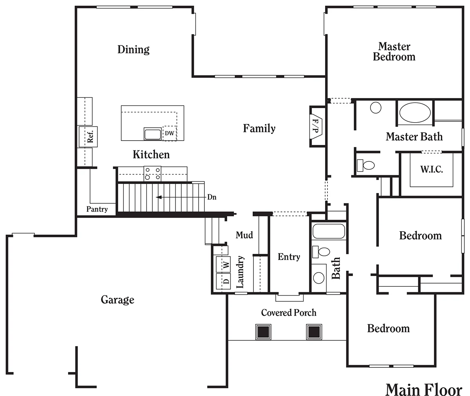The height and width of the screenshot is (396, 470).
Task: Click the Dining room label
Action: click(134, 49)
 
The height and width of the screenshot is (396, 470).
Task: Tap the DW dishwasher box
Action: click(170, 133)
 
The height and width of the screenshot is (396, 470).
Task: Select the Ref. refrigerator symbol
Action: click(88, 137)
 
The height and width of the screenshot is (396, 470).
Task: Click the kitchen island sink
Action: click(153, 134)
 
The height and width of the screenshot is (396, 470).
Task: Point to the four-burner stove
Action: click(152, 174)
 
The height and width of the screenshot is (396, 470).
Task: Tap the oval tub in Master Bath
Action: click(415, 112)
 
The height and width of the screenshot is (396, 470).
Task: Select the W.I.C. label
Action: click(432, 169)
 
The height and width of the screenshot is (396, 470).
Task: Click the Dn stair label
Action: click(212, 197)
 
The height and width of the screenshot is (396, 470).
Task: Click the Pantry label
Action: click(97, 209)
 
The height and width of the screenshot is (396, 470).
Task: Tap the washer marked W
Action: click(223, 264)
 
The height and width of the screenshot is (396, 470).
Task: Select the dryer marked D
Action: click(223, 281)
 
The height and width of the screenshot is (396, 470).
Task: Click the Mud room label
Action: click(244, 235)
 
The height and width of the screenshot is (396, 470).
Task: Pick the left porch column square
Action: click(263, 332)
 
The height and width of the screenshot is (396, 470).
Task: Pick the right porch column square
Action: click(314, 332)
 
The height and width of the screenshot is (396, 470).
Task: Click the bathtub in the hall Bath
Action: click(329, 231)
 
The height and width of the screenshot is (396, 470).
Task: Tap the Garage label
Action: click(117, 300)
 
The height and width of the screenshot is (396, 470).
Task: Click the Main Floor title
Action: click(424, 389)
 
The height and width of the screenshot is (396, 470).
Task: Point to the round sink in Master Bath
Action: click(376, 108)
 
